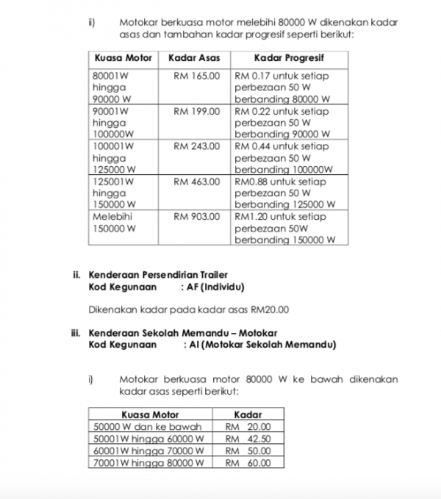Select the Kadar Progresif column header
tap(289, 57)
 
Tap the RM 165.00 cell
tap(196, 75)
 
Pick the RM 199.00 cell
tap(196, 111)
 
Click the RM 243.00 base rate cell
tap(196, 146)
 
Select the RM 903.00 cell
tap(196, 217)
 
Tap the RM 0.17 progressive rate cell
tap(283, 87)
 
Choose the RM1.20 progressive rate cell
tap(286, 228)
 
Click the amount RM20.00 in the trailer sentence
tap(268, 309)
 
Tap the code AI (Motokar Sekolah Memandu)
tap(260, 344)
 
